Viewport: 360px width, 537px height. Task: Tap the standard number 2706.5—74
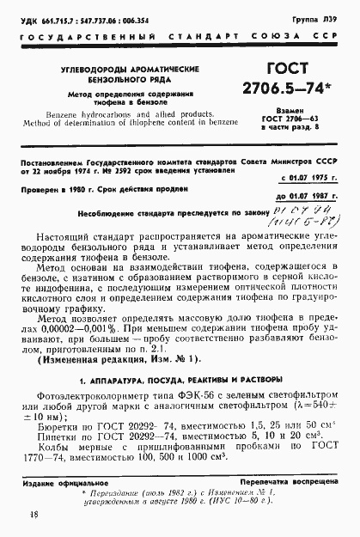296,92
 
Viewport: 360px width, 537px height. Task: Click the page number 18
34,515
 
